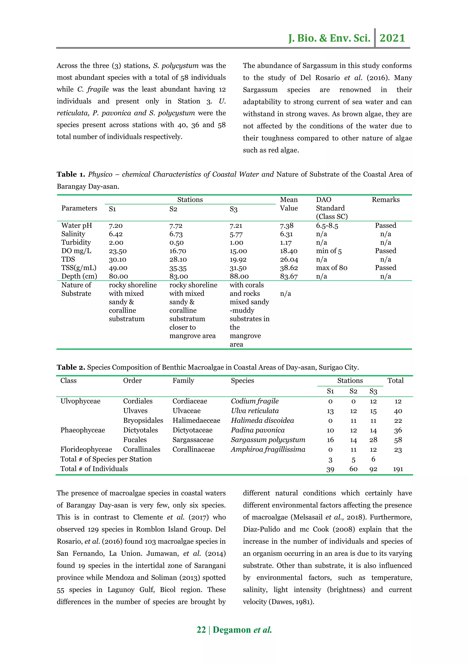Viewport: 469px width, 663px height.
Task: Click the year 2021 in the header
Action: click(392, 38)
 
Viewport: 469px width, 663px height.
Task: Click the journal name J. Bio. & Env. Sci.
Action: click(329, 38)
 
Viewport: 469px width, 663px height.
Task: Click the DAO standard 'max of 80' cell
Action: click(332, 268)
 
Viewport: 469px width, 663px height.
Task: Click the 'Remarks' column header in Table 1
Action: click(386, 200)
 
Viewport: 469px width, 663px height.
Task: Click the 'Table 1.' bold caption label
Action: click(71, 174)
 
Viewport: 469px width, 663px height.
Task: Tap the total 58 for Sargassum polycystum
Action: click(398, 440)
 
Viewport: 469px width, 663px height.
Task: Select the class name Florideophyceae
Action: click(86, 449)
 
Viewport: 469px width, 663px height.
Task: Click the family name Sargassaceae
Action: click(193, 440)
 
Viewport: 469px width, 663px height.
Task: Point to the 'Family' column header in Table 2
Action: click(183, 380)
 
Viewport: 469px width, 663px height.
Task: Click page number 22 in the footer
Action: click(201, 630)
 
